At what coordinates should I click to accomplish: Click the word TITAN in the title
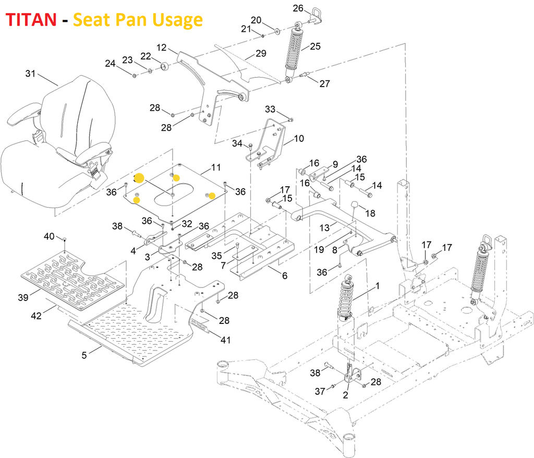coord(31,19)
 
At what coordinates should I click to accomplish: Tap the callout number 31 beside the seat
coord(30,73)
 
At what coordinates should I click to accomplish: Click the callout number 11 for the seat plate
coord(216,167)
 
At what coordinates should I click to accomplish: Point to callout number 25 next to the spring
coord(315,46)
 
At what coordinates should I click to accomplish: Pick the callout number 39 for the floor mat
coord(23,297)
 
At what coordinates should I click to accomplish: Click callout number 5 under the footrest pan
coord(84,355)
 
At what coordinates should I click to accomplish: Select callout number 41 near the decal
coord(225,340)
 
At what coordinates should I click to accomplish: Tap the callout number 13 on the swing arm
coord(324,227)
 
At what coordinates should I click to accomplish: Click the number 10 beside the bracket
coord(299,138)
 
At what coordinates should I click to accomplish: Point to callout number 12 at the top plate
coord(162,47)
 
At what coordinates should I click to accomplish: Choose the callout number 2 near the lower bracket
coord(345,395)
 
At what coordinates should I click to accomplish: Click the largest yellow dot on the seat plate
coord(140,178)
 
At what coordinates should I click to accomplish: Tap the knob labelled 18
coord(355,204)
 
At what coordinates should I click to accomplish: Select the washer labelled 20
coord(277,32)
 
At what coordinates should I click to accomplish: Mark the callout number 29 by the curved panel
coord(261,53)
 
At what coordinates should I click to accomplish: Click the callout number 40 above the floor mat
coord(49,236)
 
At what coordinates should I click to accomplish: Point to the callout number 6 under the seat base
coord(285,275)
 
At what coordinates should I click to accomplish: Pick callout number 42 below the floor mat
coord(36,316)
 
